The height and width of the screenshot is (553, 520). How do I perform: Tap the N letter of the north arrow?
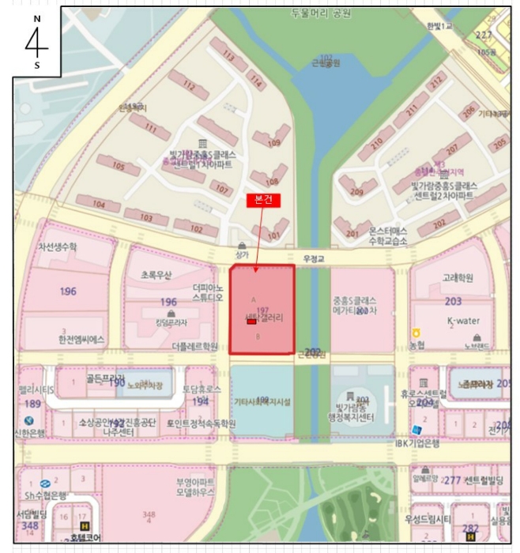pyautogui.click(x=36, y=17)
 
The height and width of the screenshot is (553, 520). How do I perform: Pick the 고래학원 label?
pyautogui.click(x=458, y=278)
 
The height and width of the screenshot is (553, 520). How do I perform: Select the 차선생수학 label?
pyautogui.click(x=58, y=246)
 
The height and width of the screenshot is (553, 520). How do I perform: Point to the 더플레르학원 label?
pyautogui.click(x=194, y=346)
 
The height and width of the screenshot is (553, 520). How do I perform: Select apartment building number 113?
pyautogui.click(x=229, y=55)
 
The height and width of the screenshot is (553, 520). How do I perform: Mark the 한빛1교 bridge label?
pyautogui.click(x=439, y=27)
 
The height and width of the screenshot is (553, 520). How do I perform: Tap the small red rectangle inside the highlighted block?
pyautogui.click(x=251, y=322)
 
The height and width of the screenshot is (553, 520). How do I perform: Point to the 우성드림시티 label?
pyautogui.click(x=431, y=518)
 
